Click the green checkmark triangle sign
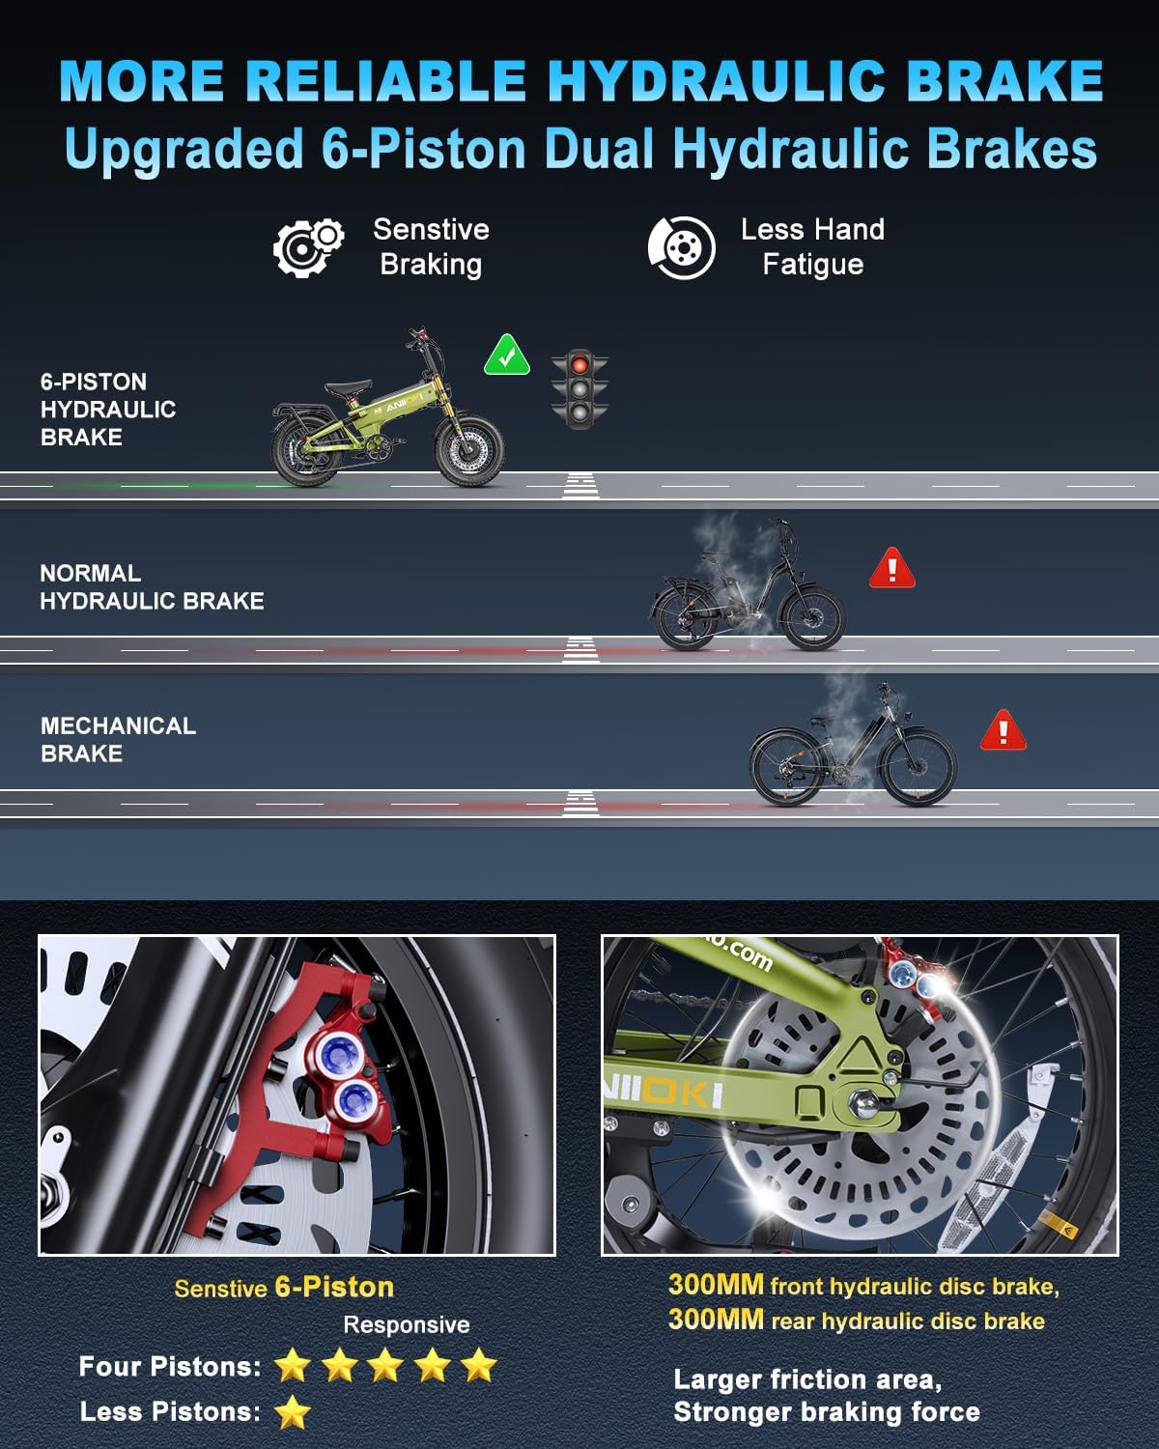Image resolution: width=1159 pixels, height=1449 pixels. [x=506, y=355]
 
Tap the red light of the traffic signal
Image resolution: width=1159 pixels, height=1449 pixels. [x=579, y=365]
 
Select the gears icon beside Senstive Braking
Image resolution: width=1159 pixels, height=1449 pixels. [x=308, y=248]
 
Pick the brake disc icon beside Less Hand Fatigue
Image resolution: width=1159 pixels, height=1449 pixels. [x=682, y=248]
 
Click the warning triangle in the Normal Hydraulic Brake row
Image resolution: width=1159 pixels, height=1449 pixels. [x=892, y=568]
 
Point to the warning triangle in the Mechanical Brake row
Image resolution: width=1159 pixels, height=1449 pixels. [x=1004, y=730]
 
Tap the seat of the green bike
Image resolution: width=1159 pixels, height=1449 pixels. [x=348, y=387]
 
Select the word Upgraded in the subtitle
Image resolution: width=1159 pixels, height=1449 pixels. [x=184, y=150]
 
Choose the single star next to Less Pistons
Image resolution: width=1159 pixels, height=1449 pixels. [x=293, y=1412]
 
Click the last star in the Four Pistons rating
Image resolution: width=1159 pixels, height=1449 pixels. [x=479, y=1365]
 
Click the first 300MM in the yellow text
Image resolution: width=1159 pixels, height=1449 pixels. [x=716, y=1285]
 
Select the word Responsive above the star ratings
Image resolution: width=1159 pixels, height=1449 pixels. [x=407, y=1324]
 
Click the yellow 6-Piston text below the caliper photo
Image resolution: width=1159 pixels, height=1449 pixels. [x=335, y=1287]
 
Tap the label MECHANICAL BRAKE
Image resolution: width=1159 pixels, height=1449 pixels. [x=119, y=739]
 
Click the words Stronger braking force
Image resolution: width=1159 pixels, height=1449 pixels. [x=827, y=1412]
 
